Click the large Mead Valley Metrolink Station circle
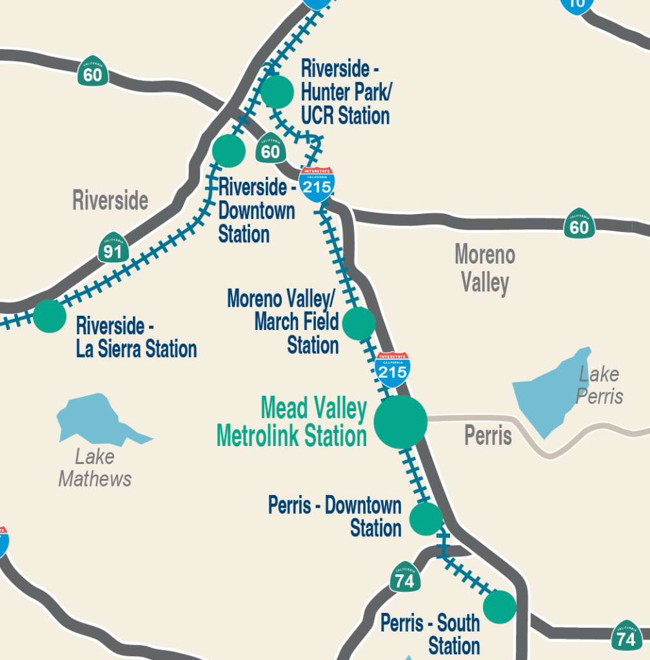click(x=400, y=422)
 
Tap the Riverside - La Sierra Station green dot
click(x=50, y=316)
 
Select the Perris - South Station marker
click(x=500, y=607)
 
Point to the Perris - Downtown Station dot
click(x=426, y=519)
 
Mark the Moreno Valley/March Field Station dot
click(x=359, y=324)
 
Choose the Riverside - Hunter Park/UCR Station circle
click(x=278, y=92)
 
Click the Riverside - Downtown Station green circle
click(x=229, y=151)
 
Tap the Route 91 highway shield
click(x=113, y=248)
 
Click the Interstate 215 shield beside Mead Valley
click(x=392, y=369)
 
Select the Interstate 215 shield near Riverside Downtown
click(x=317, y=184)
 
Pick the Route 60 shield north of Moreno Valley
click(x=579, y=224)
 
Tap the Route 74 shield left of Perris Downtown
click(x=405, y=577)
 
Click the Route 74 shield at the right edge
click(x=626, y=636)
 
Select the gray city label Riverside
click(x=110, y=200)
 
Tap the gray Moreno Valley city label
click(x=485, y=268)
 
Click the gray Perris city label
click(x=488, y=436)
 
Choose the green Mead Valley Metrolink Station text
click(x=292, y=422)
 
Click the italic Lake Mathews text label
click(x=95, y=468)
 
